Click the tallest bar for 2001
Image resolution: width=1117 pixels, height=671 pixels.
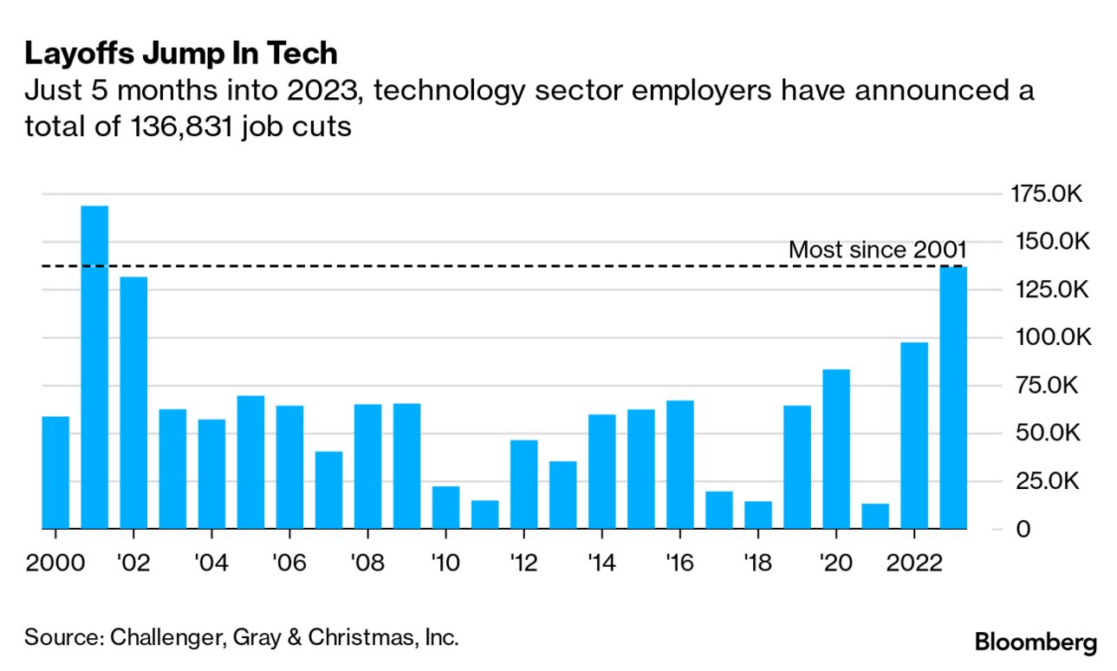pyautogui.click(x=94, y=367)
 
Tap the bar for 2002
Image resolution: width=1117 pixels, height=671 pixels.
pyautogui.click(x=133, y=402)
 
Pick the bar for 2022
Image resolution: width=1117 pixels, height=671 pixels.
pyautogui.click(x=914, y=435)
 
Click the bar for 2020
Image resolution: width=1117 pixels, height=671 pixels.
pyautogui.click(x=836, y=448)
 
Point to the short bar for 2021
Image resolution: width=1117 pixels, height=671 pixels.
pyautogui.click(x=875, y=516)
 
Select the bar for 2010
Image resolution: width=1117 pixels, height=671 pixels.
pyautogui.click(x=445, y=507)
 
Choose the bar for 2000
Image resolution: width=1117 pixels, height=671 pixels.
pyautogui.click(x=55, y=472)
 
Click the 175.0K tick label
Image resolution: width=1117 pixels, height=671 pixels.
pyautogui.click(x=1046, y=194)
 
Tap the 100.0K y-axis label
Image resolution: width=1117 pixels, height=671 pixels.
pyautogui.click(x=1046, y=337)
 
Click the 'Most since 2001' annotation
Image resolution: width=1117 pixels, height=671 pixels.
pyautogui.click(x=877, y=251)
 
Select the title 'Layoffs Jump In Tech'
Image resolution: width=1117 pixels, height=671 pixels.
pyautogui.click(x=180, y=54)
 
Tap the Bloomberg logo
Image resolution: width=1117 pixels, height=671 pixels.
pyautogui.click(x=1036, y=642)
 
